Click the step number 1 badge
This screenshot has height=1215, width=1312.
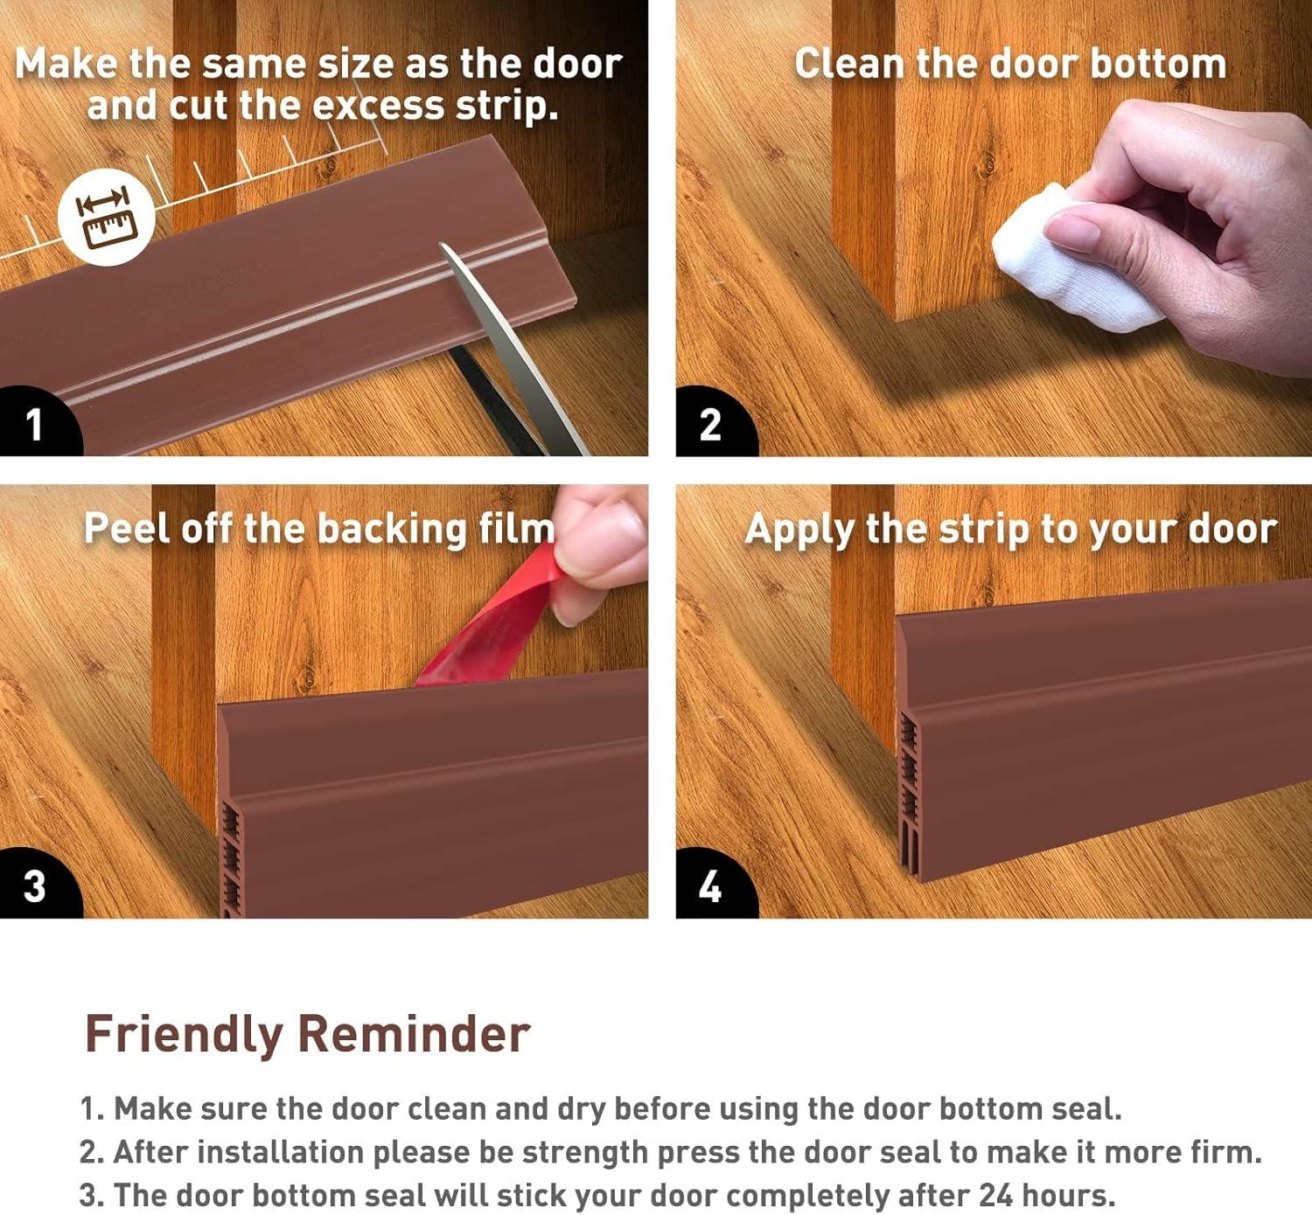pos(37,422)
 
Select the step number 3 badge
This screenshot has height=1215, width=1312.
pos(37,885)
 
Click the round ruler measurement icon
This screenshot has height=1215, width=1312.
pos(107,218)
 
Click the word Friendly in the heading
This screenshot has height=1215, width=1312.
pos(185,1035)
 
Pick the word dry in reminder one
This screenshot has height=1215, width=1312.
pos(582,1109)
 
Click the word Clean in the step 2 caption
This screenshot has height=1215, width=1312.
pos(850,65)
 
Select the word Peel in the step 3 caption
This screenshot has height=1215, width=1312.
pos(128,529)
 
